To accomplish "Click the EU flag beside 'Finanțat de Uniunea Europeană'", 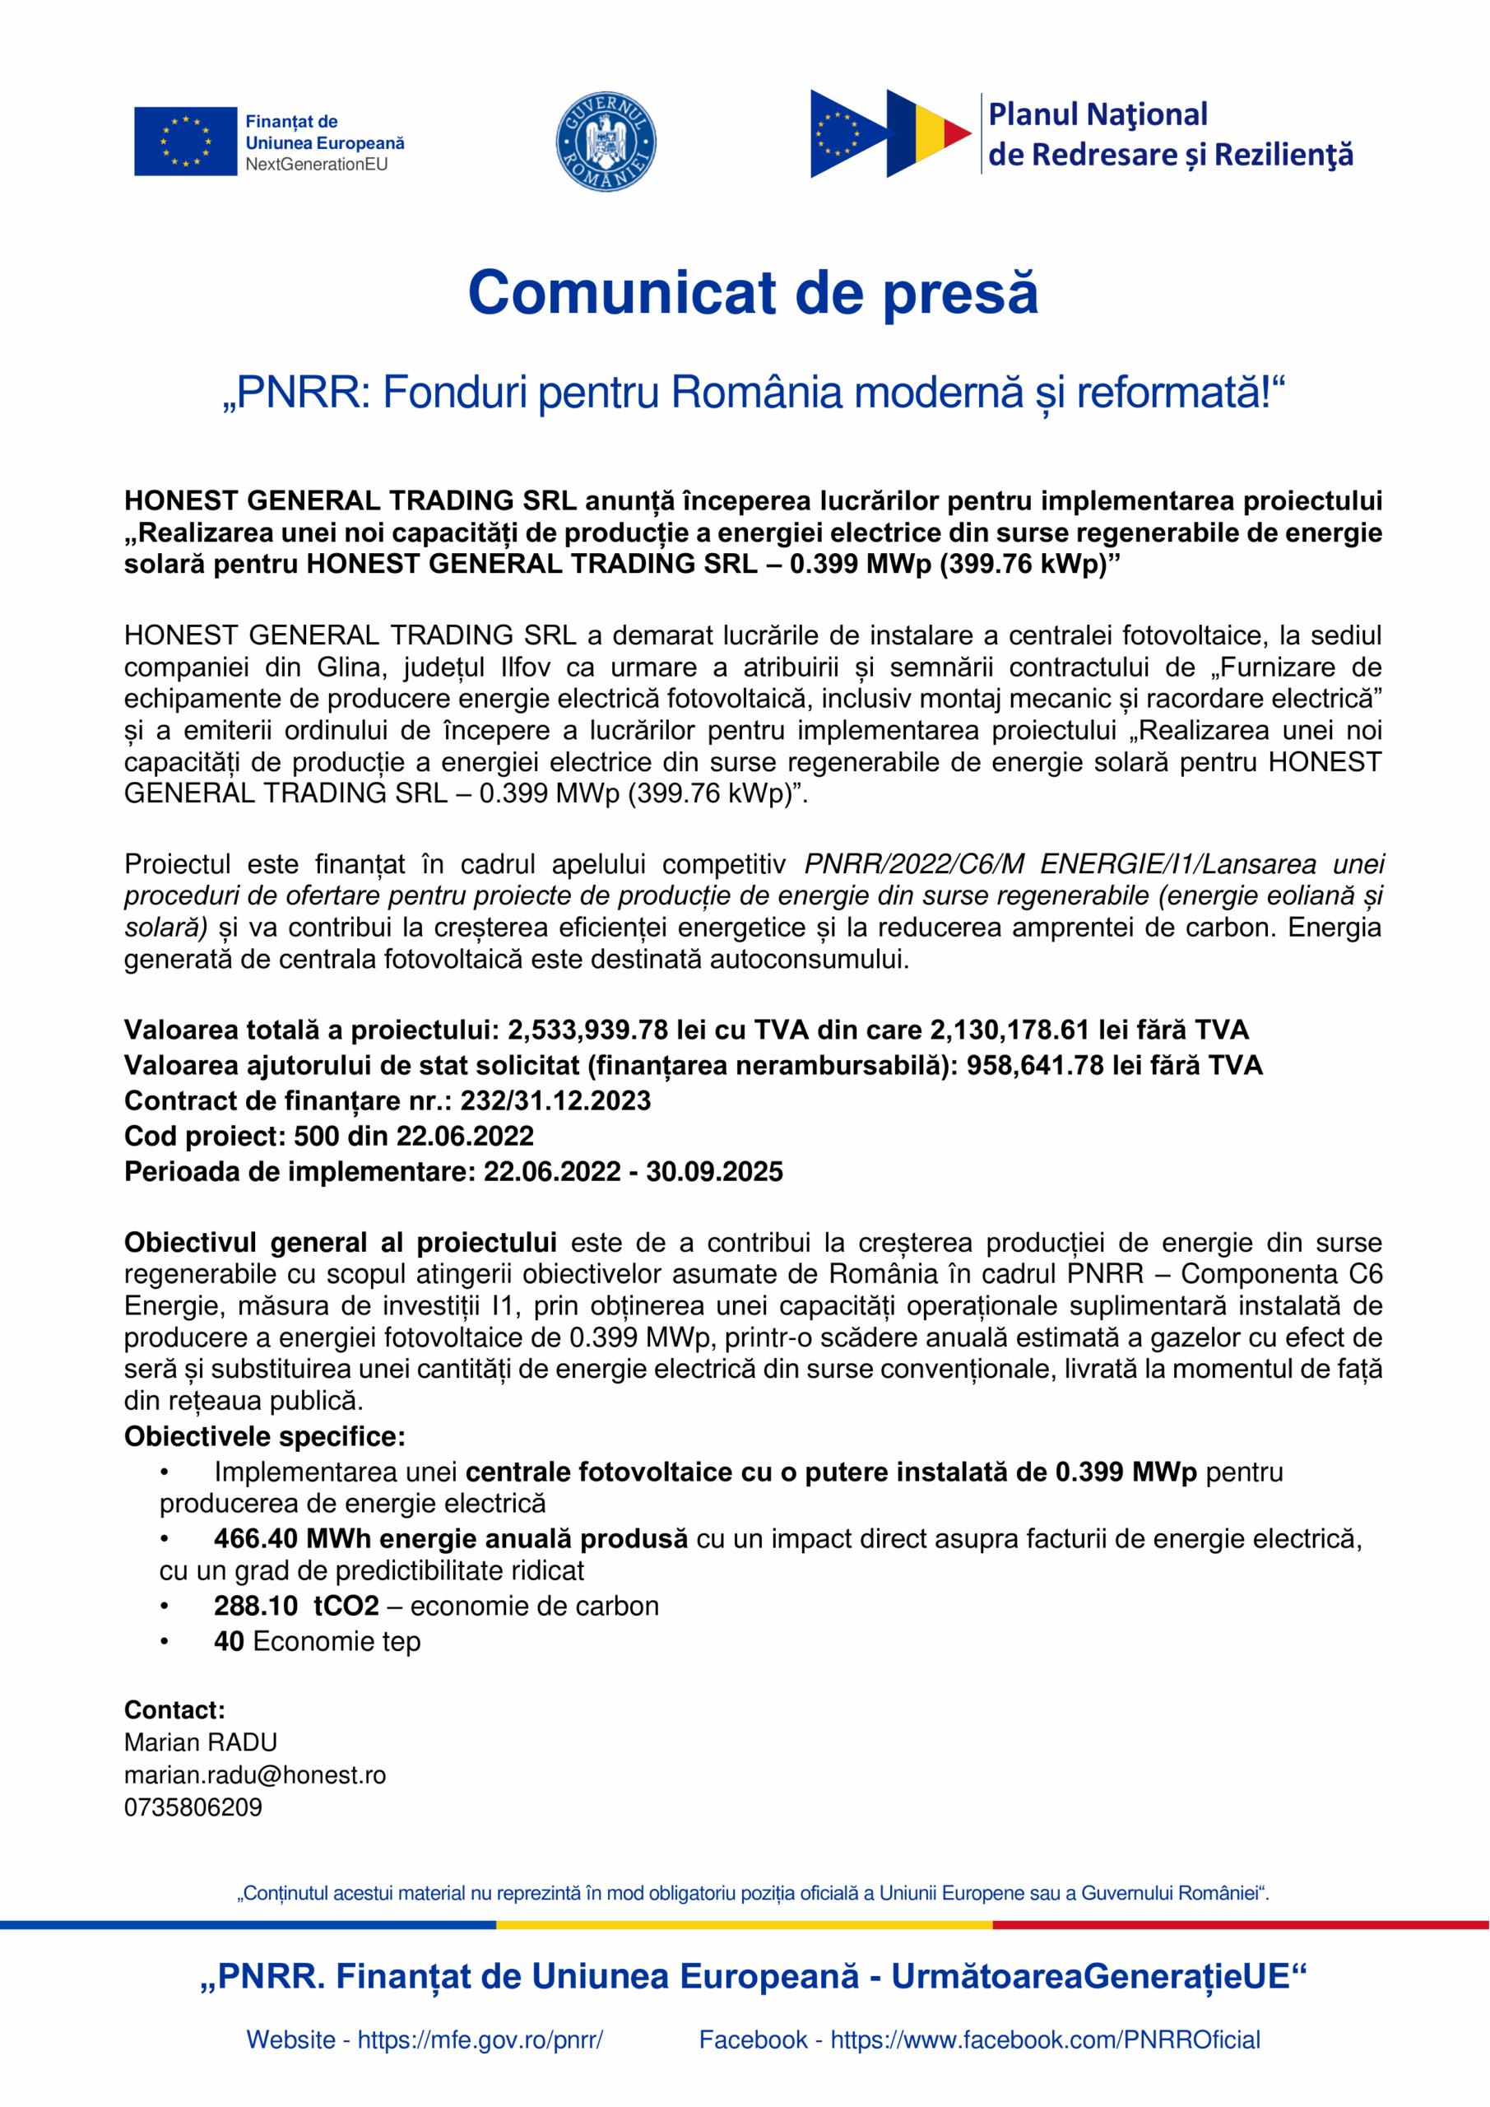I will pos(184,142).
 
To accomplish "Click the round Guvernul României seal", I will pos(606,142).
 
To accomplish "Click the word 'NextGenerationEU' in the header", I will pos(316,165).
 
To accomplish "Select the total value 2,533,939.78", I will pos(587,1030).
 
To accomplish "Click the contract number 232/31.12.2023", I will pos(555,1100).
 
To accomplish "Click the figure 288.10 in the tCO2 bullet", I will pos(256,1606).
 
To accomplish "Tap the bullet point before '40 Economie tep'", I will pos(165,1642).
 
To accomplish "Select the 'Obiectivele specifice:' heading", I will pos(264,1436).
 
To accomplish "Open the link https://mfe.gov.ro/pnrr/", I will pos(480,2040).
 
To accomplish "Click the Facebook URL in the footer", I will pos(1045,2040).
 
